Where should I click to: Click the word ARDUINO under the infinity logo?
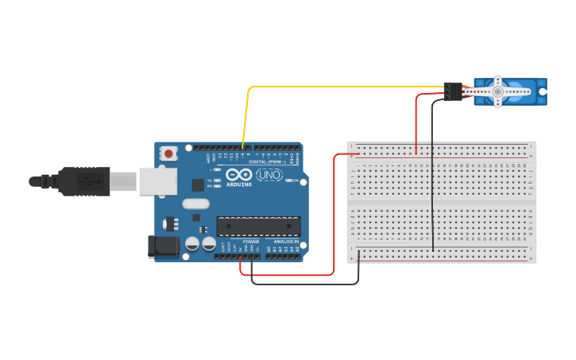pos(239,184)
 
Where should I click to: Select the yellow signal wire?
pos(334,87)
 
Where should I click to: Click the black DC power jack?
pos(164,246)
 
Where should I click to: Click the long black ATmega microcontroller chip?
pos(258,226)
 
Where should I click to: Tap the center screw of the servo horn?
pos(497,91)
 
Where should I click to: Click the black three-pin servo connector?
pos(453,91)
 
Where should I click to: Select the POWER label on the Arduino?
pos(251,242)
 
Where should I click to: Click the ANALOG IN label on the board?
pos(285,242)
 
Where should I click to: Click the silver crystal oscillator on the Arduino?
pos(195,204)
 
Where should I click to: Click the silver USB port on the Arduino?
pos(157,181)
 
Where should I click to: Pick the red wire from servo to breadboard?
pos(416,119)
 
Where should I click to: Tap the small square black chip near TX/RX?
pos(198,184)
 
